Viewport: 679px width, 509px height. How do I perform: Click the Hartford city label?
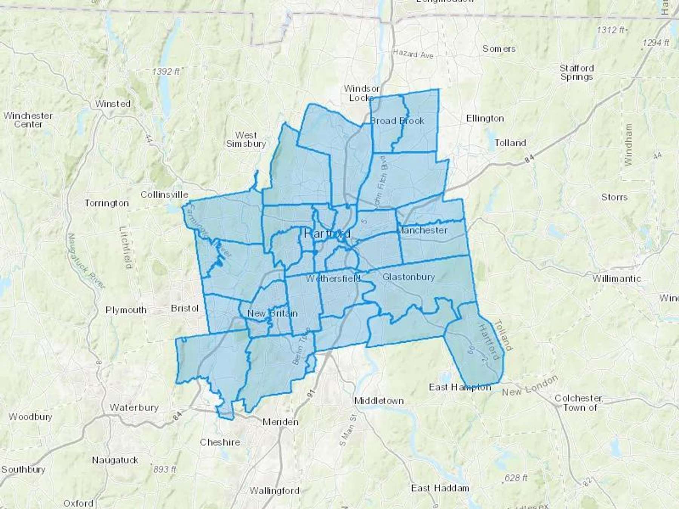(327, 234)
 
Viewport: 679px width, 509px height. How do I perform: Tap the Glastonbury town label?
(409, 277)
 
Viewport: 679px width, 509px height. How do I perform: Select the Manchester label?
(422, 230)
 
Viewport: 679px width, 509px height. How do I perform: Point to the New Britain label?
(272, 313)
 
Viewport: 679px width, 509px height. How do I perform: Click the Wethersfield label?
(333, 279)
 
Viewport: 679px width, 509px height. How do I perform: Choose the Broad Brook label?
(397, 121)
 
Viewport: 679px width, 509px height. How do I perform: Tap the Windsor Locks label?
(361, 93)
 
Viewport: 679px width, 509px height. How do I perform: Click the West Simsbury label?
(246, 139)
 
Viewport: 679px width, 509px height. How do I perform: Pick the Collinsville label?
(164, 195)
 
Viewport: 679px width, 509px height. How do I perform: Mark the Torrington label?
(106, 203)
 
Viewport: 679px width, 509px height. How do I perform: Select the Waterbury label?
(134, 408)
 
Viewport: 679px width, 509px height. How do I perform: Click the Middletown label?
(379, 401)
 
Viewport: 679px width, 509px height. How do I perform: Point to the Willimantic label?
(616, 279)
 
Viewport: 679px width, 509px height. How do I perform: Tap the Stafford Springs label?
(576, 72)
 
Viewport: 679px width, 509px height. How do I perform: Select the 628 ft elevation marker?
(516, 478)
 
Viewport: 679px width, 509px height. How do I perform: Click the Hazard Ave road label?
(413, 54)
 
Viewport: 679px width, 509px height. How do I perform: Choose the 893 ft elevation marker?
(164, 469)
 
